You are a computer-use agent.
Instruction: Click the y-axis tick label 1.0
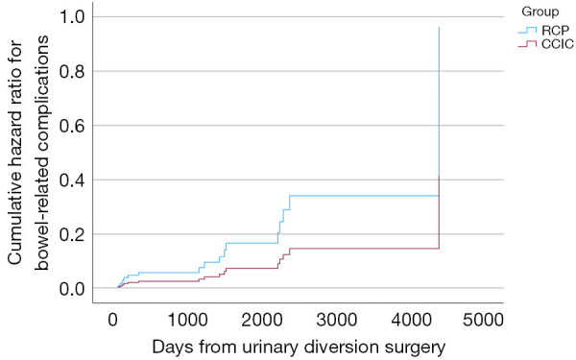pos(72,17)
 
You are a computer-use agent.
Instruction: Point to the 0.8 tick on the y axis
pos(72,72)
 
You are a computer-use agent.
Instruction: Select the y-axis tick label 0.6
pos(72,126)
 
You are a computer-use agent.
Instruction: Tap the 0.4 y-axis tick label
pos(72,180)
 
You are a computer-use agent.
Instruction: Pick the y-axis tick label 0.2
pos(72,234)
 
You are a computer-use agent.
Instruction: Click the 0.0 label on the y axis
pos(72,289)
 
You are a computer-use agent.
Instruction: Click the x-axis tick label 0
pos(112,321)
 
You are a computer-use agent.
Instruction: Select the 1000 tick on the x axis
pos(187,321)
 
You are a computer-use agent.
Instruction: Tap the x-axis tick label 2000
pos(261,321)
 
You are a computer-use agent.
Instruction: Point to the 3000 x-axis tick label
pos(336,321)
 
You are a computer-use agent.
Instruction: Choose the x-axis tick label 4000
pos(411,321)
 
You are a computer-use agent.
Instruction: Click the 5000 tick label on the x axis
pos(483,321)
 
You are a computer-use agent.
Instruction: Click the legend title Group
pos(540,12)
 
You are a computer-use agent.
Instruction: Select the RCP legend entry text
pos(555,30)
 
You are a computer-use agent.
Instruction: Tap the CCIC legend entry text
pos(558,44)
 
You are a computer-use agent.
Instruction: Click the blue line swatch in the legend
pos(527,30)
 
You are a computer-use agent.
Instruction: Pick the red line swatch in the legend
pos(527,44)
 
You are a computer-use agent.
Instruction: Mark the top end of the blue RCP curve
pos(439,27)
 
